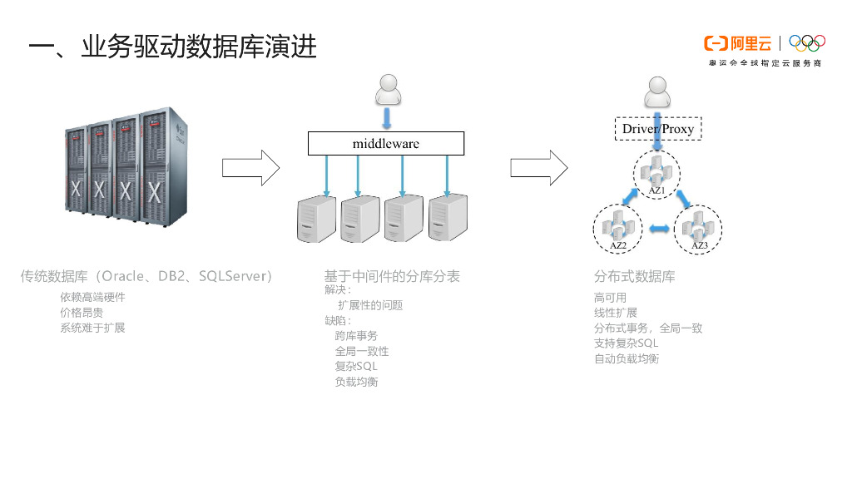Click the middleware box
point(385,143)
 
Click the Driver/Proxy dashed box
point(657,129)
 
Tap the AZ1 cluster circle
point(656,175)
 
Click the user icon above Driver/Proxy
point(657,91)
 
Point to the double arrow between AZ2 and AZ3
point(658,229)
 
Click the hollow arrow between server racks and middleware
point(250,167)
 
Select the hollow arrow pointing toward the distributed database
point(538,167)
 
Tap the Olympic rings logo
point(806,43)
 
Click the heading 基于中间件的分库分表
point(392,276)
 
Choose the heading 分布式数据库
point(634,276)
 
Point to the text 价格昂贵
point(82,313)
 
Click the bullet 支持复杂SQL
point(626,343)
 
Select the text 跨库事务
point(356,336)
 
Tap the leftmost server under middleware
point(317,219)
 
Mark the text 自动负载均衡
point(627,359)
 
